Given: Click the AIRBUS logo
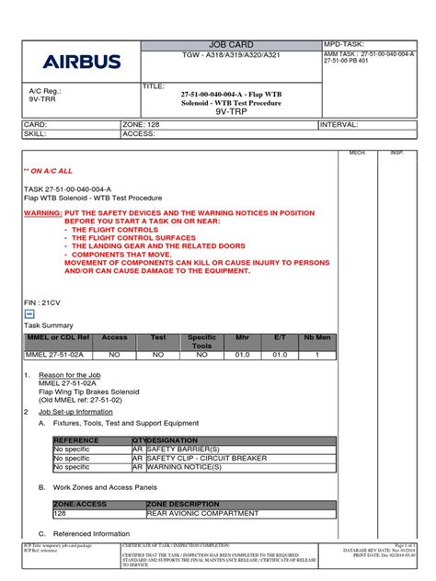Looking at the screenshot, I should tap(81, 62).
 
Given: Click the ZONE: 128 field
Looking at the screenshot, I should tap(142, 123).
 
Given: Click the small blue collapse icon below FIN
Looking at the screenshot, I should tap(29, 313).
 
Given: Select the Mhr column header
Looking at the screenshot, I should tap(242, 337).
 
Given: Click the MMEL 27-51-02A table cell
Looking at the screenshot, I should tap(53, 354).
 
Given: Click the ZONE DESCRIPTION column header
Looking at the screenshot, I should tap(182, 504).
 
